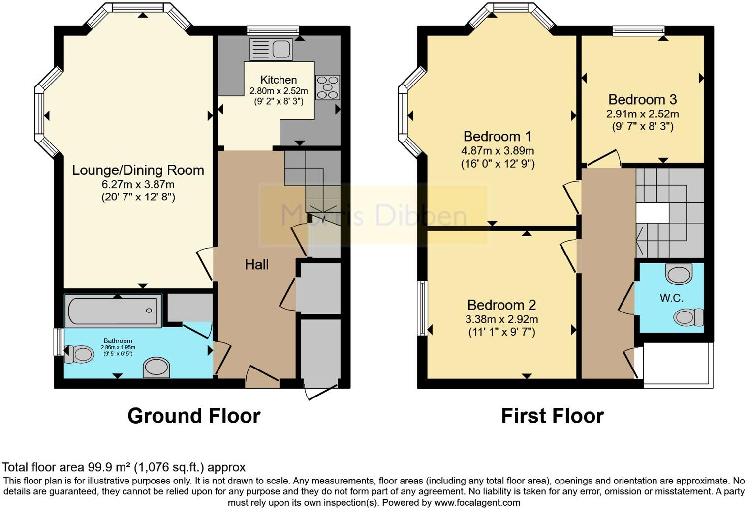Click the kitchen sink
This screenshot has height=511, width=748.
tap(271, 49)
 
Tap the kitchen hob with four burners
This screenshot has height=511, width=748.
tap(328, 87)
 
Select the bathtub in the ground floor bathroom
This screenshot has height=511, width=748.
tap(113, 311)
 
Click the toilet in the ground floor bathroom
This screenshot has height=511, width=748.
tap(79, 354)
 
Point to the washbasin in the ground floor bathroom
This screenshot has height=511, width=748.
tap(156, 368)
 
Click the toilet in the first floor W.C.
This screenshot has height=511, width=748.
tap(688, 317)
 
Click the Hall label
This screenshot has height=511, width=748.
tap(256, 265)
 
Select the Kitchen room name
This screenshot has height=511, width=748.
tap(279, 80)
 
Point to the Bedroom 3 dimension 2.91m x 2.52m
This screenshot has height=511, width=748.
tap(643, 114)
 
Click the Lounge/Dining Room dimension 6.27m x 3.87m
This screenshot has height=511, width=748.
tap(138, 184)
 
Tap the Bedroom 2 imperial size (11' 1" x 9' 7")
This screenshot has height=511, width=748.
tap(501, 332)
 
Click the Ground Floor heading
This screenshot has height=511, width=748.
tap(194, 416)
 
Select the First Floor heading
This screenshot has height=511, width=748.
tap(553, 416)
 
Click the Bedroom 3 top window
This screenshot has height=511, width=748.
tap(638, 31)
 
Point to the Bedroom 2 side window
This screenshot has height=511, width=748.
tap(422, 308)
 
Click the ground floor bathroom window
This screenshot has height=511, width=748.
tap(59, 342)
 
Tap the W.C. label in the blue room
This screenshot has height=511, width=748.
tap(672, 298)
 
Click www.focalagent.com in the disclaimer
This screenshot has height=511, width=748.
tap(476, 502)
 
